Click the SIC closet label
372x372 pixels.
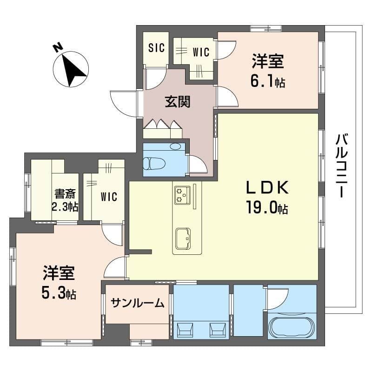click(x=156, y=47)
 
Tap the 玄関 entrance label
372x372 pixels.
click(x=178, y=102)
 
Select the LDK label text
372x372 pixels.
click(x=267, y=187)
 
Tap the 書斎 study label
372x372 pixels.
click(x=65, y=194)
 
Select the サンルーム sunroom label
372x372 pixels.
click(x=137, y=303)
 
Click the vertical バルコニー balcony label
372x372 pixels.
click(x=342, y=166)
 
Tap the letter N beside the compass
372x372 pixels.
click(x=58, y=47)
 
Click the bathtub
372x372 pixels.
click(x=292, y=327)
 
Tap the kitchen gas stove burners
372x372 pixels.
click(x=182, y=195)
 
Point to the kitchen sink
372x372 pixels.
click(x=183, y=239)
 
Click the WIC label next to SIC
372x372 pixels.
click(x=201, y=53)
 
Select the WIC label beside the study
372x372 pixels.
click(x=109, y=197)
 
